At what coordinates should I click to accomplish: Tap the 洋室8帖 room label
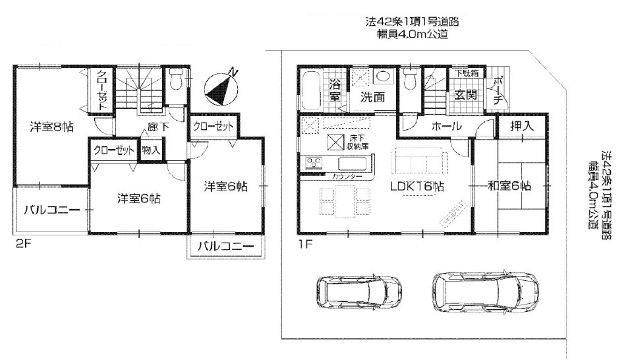point(52,127)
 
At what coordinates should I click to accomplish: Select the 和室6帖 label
point(509,186)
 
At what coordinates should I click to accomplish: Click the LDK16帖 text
point(417,187)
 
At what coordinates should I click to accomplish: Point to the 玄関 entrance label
point(465,95)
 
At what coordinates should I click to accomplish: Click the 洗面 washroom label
point(372,98)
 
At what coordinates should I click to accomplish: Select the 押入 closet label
point(522,126)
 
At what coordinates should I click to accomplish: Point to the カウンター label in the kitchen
point(347,176)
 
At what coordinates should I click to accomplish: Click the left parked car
point(359,291)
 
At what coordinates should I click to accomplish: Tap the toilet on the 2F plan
point(176,79)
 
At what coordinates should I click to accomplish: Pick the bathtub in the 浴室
point(311,90)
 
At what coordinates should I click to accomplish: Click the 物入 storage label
point(151,150)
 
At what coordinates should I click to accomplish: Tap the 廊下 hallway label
point(158,127)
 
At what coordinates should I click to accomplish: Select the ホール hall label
point(446,126)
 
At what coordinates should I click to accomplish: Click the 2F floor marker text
point(23,245)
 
